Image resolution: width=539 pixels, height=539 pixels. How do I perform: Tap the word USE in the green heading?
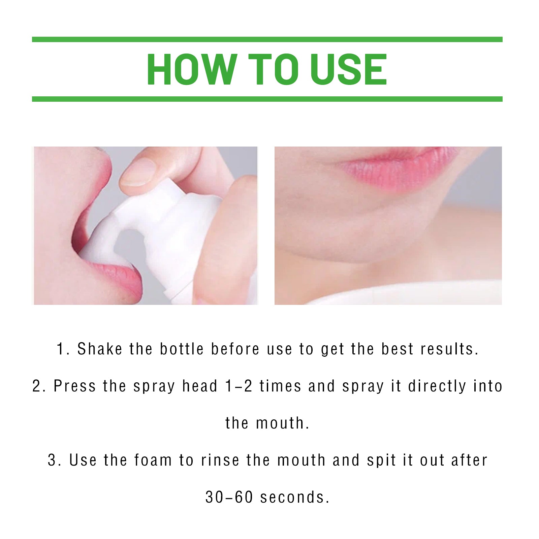pyautogui.click(x=348, y=70)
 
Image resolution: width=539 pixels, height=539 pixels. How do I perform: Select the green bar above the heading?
pyautogui.click(x=267, y=39)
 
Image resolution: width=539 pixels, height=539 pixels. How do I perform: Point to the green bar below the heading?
pyautogui.click(x=267, y=99)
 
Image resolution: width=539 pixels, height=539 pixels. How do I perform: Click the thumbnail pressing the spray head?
pyautogui.click(x=138, y=172)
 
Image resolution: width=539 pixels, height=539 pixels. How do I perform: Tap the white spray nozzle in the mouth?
pyautogui.click(x=101, y=243)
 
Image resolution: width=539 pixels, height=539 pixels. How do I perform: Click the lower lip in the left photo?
pyautogui.click(x=118, y=276)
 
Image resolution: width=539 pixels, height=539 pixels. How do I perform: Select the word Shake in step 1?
pyautogui.click(x=100, y=349)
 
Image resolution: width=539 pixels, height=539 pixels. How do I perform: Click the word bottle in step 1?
pyautogui.click(x=182, y=349)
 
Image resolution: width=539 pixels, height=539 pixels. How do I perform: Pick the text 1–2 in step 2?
pyautogui.click(x=239, y=386)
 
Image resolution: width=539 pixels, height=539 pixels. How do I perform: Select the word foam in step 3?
pyautogui.click(x=153, y=460)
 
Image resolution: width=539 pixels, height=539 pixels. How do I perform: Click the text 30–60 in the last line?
pyautogui.click(x=229, y=497)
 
